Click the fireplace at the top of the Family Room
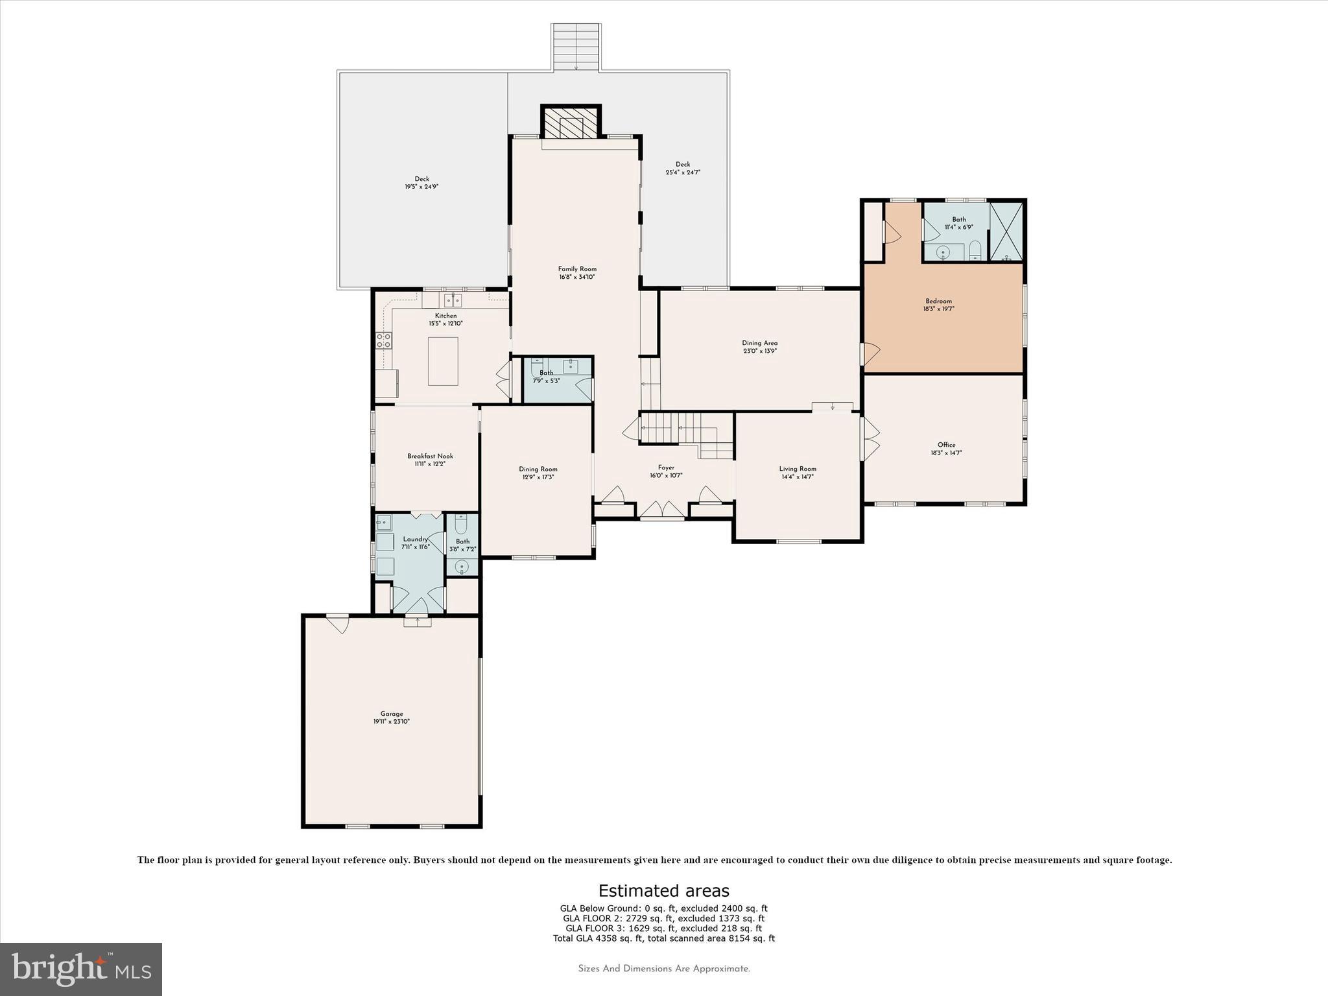pyautogui.click(x=571, y=123)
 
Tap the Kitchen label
pyautogui.click(x=445, y=316)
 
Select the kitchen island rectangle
pyautogui.click(x=443, y=361)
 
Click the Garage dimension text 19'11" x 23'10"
pyautogui.click(x=391, y=721)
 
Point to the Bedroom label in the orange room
pyautogui.click(x=938, y=301)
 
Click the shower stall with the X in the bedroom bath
pyautogui.click(x=1006, y=231)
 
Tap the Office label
pyautogui.click(x=946, y=445)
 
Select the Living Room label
pyautogui.click(x=798, y=469)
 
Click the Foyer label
pyautogui.click(x=666, y=468)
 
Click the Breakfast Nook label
pyautogui.click(x=430, y=456)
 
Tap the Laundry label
pyautogui.click(x=415, y=539)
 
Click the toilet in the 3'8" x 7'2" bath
pyautogui.click(x=461, y=523)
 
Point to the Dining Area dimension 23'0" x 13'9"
pyautogui.click(x=759, y=351)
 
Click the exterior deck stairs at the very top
pyautogui.click(x=575, y=47)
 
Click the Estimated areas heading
pyautogui.click(x=663, y=890)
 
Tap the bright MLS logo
pyautogui.click(x=81, y=969)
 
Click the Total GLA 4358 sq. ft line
pyautogui.click(x=663, y=938)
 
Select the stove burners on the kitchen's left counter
pyautogui.click(x=384, y=340)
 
